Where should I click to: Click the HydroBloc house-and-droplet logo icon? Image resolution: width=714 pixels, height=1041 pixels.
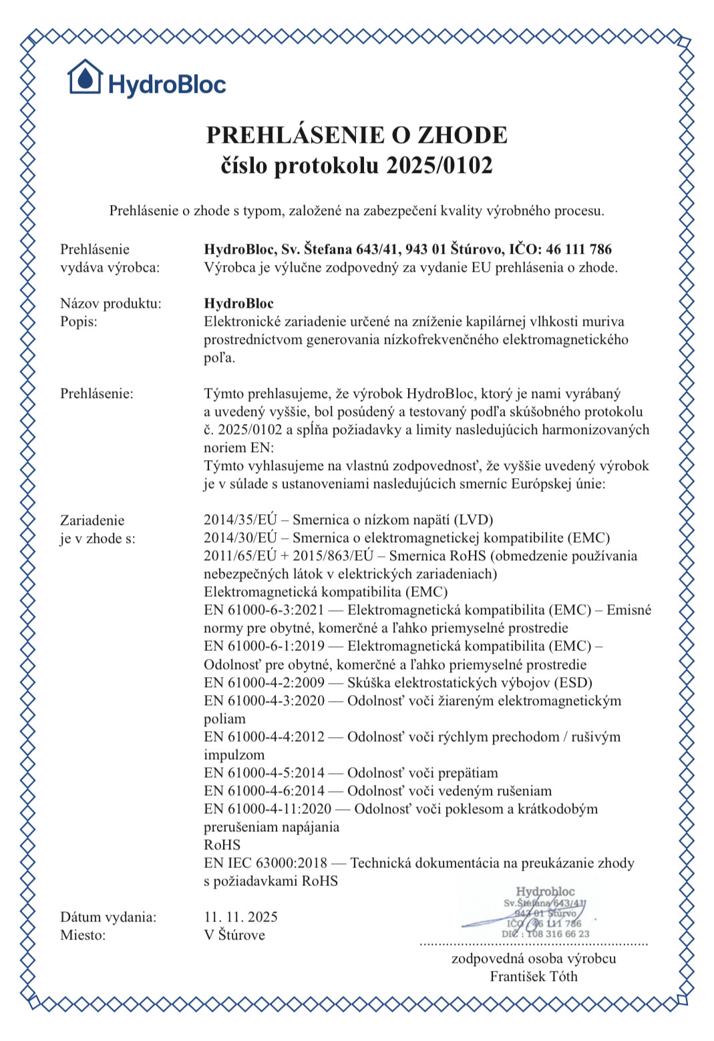pyautogui.click(x=85, y=77)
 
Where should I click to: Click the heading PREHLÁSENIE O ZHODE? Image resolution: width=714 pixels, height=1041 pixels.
pyautogui.click(x=357, y=135)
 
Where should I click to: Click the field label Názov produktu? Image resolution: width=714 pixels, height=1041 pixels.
pyautogui.click(x=111, y=304)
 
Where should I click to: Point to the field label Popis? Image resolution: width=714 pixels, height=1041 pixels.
pyautogui.click(x=79, y=322)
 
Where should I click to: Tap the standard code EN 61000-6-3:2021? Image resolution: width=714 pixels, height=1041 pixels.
pyautogui.click(x=264, y=610)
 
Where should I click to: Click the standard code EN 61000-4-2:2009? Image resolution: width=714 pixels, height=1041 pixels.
pyautogui.click(x=264, y=683)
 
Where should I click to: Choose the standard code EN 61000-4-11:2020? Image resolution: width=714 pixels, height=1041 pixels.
pyautogui.click(x=267, y=809)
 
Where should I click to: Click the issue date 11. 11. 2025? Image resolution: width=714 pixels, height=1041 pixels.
pyautogui.click(x=240, y=917)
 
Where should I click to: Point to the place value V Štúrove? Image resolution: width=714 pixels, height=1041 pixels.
pyautogui.click(x=234, y=935)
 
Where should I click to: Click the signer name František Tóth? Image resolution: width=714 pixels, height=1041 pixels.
pyautogui.click(x=533, y=977)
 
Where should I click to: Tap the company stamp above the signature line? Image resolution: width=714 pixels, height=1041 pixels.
pyautogui.click(x=545, y=912)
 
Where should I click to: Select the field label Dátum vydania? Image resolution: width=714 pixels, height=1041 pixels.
pyautogui.click(x=108, y=917)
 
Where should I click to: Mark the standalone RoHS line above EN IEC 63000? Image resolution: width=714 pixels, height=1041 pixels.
pyautogui.click(x=222, y=845)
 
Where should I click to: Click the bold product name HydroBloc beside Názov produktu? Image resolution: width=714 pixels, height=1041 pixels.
pyautogui.click(x=238, y=304)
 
